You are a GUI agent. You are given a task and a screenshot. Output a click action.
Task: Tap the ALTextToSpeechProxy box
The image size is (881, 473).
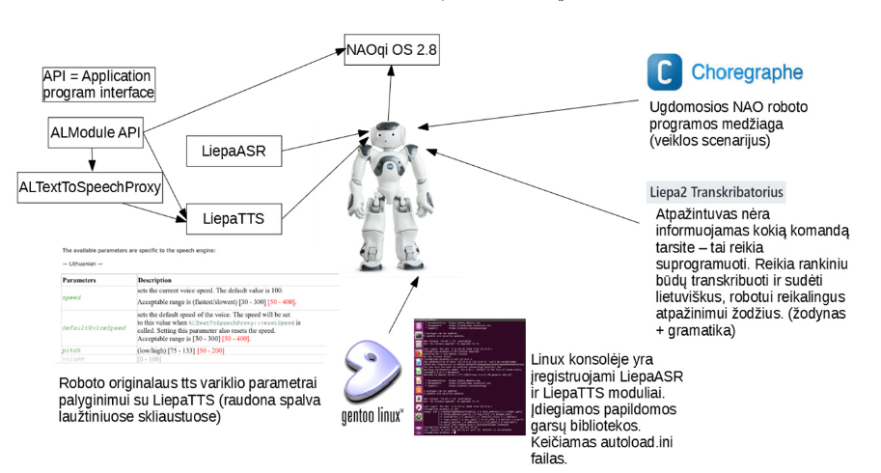point(88,185)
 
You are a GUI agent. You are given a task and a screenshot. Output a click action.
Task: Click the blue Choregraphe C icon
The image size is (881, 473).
point(664,73)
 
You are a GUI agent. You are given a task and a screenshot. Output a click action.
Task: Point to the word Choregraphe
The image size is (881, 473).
point(746,73)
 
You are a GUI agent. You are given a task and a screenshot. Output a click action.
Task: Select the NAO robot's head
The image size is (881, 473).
point(388,134)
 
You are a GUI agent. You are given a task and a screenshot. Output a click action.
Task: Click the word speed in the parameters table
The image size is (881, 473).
point(73,298)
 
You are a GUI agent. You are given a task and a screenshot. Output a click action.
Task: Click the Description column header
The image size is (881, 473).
point(155,280)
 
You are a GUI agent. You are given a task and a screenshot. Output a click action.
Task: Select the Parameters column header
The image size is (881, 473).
point(82,280)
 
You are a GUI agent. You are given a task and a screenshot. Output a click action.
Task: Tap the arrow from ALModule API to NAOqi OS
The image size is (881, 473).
point(241,92)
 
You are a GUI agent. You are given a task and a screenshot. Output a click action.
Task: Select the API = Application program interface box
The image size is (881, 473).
point(98,84)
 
